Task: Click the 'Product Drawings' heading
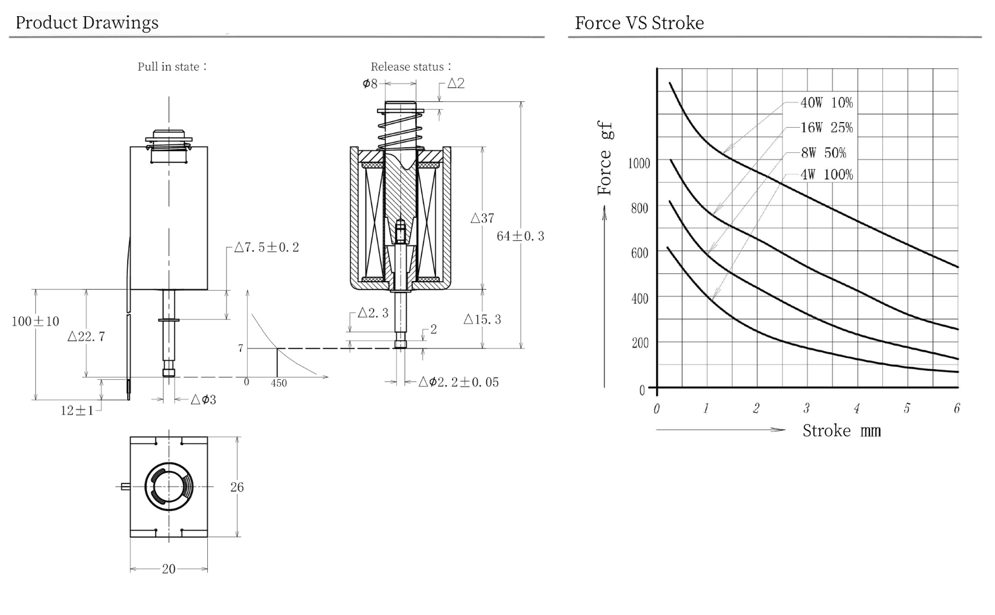pyautogui.click(x=87, y=22)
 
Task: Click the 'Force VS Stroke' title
pyautogui.click(x=639, y=23)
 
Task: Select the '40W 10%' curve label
pyautogui.click(x=826, y=102)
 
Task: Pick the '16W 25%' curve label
pyautogui.click(x=826, y=128)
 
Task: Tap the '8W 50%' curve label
pyautogui.click(x=823, y=152)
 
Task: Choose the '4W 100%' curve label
pyautogui.click(x=826, y=174)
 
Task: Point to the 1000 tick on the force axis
pyautogui.click(x=639, y=163)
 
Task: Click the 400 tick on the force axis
pyautogui.click(x=640, y=299)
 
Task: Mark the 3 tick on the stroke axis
pyautogui.click(x=806, y=408)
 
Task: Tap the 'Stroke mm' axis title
pyautogui.click(x=841, y=431)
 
